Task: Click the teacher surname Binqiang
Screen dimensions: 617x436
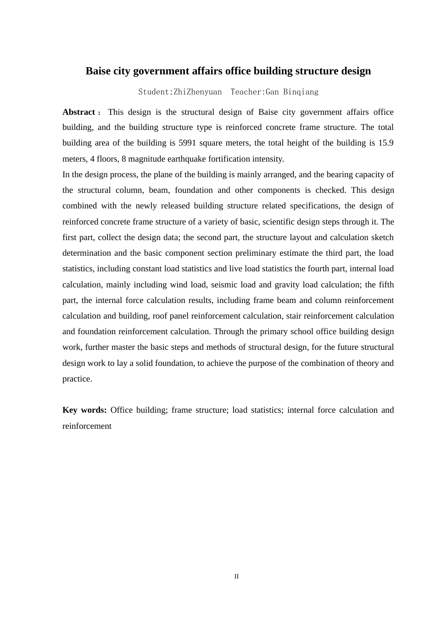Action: coord(301,92)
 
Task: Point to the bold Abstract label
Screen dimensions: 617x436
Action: coord(78,112)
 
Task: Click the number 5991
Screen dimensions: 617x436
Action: coord(187,143)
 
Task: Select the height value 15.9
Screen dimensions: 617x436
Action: coord(386,143)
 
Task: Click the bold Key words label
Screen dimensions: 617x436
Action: coord(84,410)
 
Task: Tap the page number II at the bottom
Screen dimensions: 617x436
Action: coord(236,576)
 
